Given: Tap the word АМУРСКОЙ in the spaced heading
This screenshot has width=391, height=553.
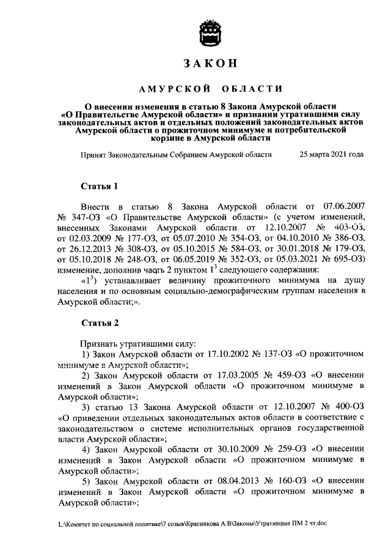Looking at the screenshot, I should pyautogui.click(x=169, y=89).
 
